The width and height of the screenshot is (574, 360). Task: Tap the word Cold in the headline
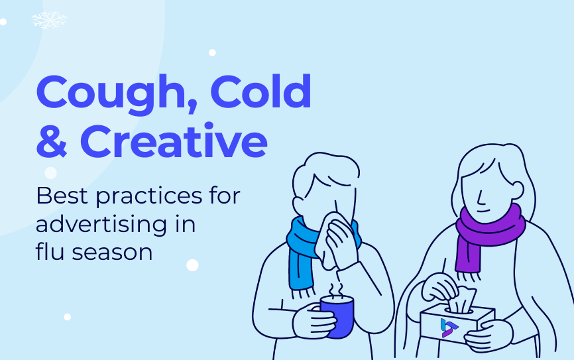coord(260,91)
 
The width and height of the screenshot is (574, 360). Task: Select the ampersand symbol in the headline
coord(52,141)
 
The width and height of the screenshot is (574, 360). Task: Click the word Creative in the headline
coord(174,141)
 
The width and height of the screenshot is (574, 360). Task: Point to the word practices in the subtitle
coord(148,198)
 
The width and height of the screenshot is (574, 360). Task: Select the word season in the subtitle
coord(112,253)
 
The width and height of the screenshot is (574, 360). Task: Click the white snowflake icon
coord(49,20)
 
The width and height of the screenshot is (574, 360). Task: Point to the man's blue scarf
coord(303,253)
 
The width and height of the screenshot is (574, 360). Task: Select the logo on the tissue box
coord(449,328)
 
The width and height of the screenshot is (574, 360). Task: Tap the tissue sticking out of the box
coord(463,299)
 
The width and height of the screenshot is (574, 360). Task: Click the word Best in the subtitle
coord(62,196)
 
